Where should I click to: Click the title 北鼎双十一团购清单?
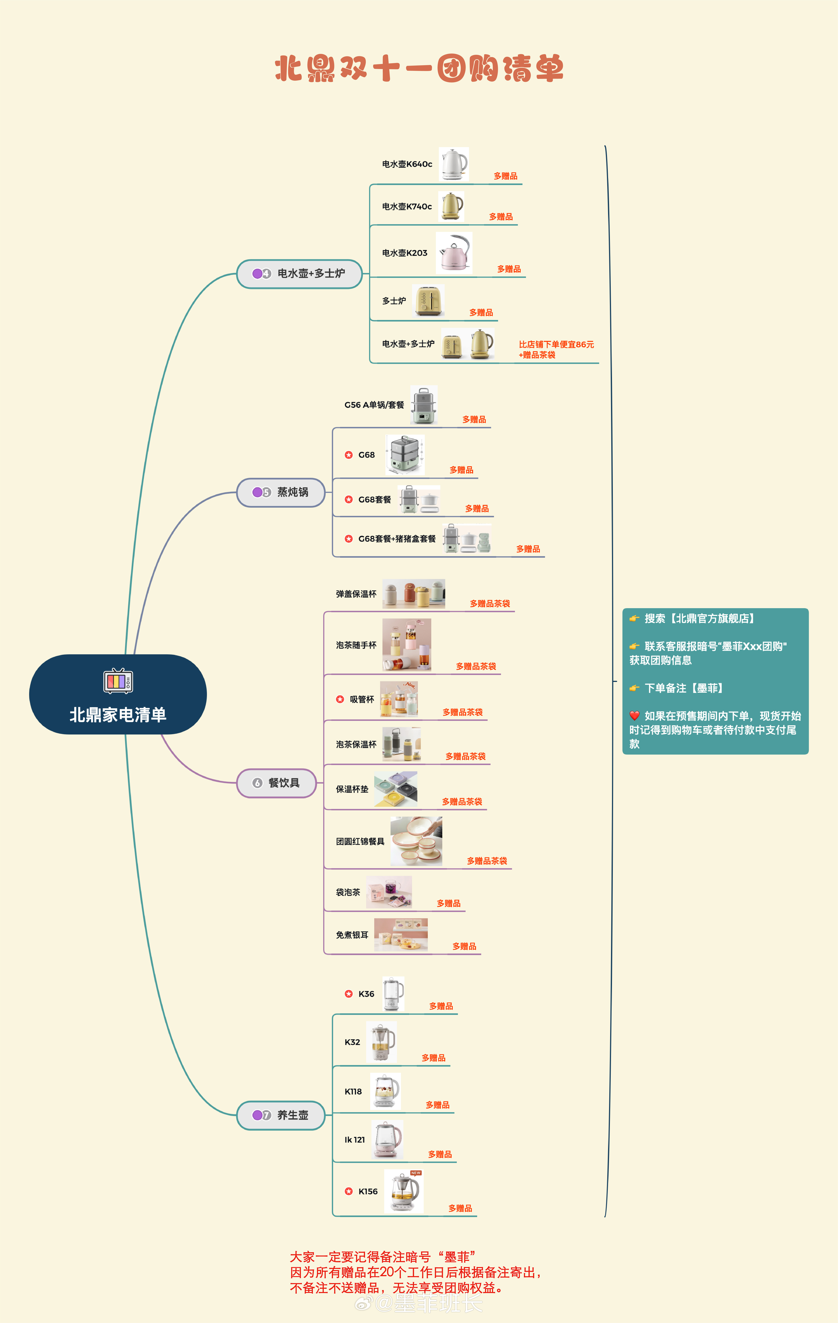(419, 69)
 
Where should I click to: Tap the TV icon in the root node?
(118, 681)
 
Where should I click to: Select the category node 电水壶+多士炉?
(300, 274)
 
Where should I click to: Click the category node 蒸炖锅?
(281, 492)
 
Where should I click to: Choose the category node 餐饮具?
(276, 783)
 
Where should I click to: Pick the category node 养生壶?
(281, 1115)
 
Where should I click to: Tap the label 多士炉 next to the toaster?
(394, 301)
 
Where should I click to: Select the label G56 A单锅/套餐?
(374, 405)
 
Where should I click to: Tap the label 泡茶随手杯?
(356, 645)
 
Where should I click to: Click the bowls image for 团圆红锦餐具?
(416, 841)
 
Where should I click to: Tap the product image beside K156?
(404, 1191)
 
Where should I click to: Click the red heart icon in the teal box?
(635, 715)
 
